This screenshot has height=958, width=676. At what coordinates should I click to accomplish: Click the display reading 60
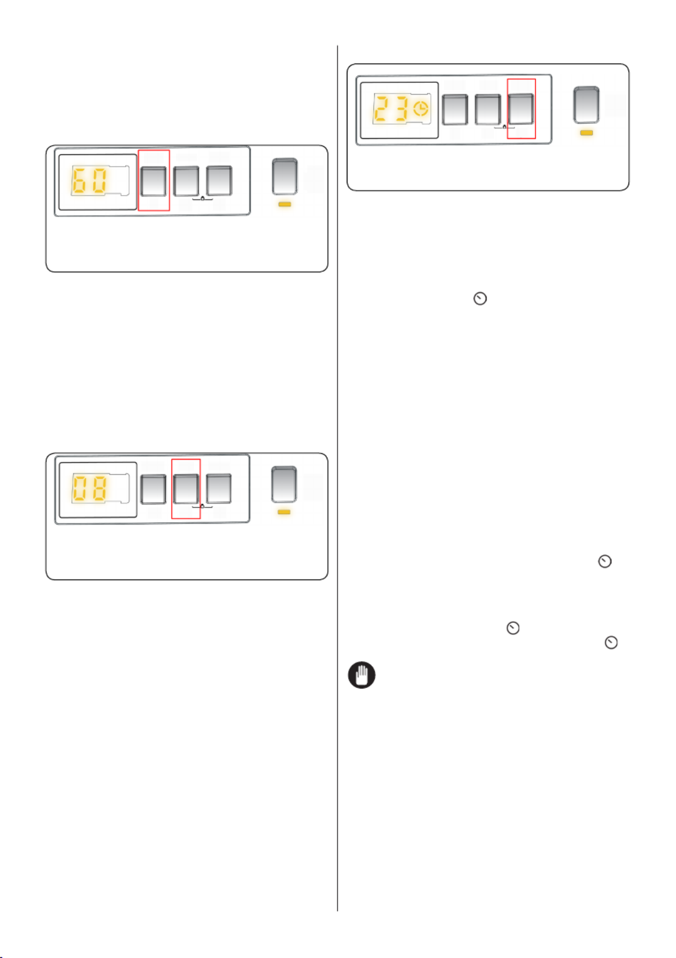pos(89,181)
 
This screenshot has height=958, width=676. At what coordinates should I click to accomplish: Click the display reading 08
pos(89,489)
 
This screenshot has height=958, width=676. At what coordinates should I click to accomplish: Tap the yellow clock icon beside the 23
pos(421,109)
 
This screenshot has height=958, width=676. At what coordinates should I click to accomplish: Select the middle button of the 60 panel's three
pos(186,181)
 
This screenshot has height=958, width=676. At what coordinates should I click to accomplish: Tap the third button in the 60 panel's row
pos(219,180)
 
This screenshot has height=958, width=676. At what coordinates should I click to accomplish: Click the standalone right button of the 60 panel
pos(284,177)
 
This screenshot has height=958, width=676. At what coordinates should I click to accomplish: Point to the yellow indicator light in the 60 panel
pos(284,205)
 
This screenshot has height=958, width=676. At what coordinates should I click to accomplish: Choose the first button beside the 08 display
pos(153,489)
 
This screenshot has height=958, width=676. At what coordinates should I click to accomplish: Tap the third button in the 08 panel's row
pos(219,489)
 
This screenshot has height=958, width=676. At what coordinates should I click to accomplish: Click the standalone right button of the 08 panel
pos(283,485)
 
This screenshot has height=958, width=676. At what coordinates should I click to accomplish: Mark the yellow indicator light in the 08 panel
pos(283,513)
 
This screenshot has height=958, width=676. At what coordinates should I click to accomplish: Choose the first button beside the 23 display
pos(455,110)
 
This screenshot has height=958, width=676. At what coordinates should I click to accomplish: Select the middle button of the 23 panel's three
pos(488,110)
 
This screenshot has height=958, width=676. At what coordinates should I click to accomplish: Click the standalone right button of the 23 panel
pos(586,105)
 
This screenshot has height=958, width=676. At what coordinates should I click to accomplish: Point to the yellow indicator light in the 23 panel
pos(586,133)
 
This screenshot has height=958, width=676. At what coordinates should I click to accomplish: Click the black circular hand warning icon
pos(361,675)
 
